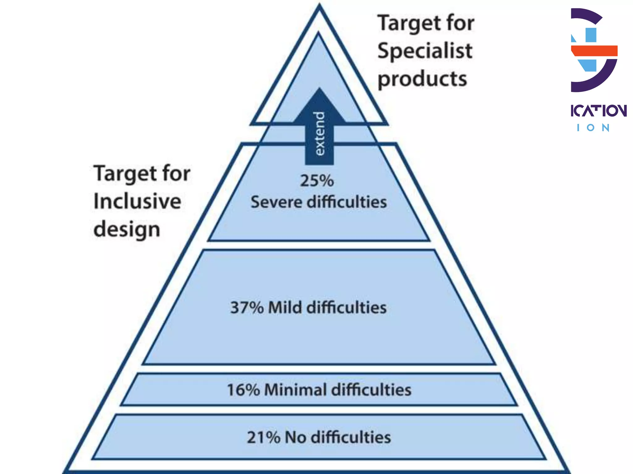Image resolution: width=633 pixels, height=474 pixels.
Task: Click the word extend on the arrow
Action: coord(320,133)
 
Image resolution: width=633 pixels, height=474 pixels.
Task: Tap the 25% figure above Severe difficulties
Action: coord(317,181)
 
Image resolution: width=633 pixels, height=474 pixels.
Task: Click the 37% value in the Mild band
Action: coord(247,308)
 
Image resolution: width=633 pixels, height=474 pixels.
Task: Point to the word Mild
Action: coord(285,308)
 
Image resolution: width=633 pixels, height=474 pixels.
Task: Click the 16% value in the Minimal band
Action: coord(243,390)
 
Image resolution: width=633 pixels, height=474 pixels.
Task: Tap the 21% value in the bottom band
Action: coord(263,437)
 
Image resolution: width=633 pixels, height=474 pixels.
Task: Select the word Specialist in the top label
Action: coord(425,51)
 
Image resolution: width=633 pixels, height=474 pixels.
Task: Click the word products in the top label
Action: coord(422,79)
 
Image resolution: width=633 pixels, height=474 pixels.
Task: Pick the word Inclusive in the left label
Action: coord(137,201)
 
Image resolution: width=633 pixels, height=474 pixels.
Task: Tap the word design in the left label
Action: coord(127,230)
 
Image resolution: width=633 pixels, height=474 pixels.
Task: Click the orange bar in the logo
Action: coord(594,51)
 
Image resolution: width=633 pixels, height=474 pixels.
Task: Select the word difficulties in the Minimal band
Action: coord(372,390)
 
